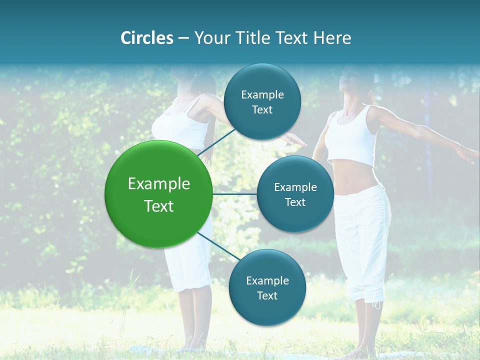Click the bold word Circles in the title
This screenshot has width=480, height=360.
click(x=147, y=38)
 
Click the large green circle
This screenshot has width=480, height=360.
click(x=159, y=194)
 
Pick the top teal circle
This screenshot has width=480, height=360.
click(x=262, y=102)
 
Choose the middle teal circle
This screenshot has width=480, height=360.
click(x=295, y=194)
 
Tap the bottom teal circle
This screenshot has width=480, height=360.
click(x=267, y=287)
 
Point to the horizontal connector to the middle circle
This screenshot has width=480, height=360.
click(x=235, y=194)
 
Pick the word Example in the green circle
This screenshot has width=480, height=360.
click(x=159, y=184)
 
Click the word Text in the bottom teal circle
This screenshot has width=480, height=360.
click(x=267, y=295)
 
